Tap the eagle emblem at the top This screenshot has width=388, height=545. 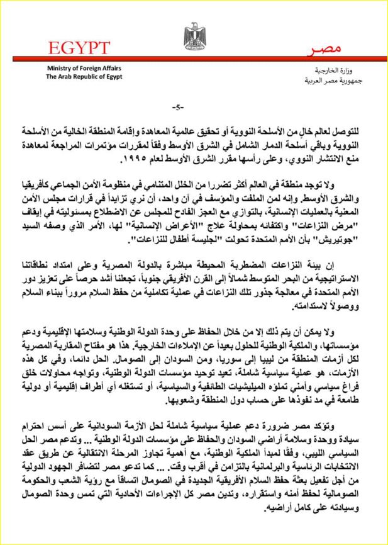pos(193,36)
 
